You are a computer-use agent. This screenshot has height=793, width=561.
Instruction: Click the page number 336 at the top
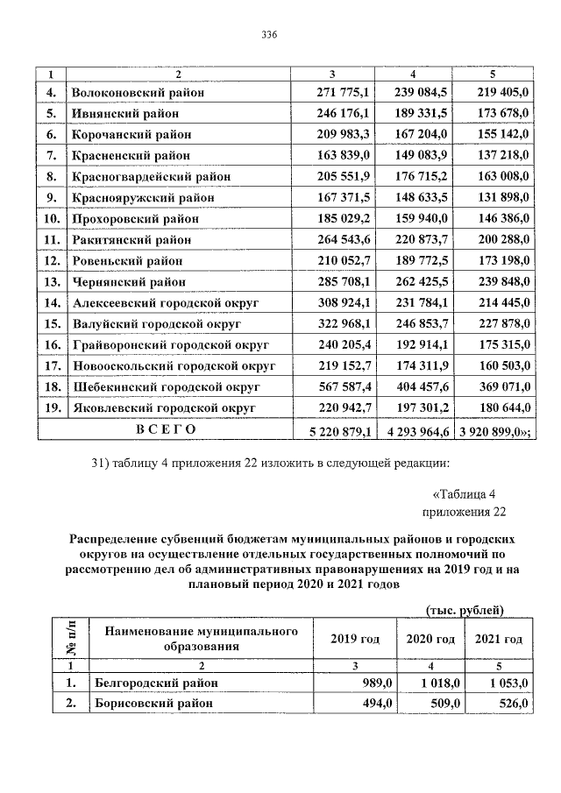click(269, 34)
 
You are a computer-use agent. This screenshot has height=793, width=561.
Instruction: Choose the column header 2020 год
click(430, 639)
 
